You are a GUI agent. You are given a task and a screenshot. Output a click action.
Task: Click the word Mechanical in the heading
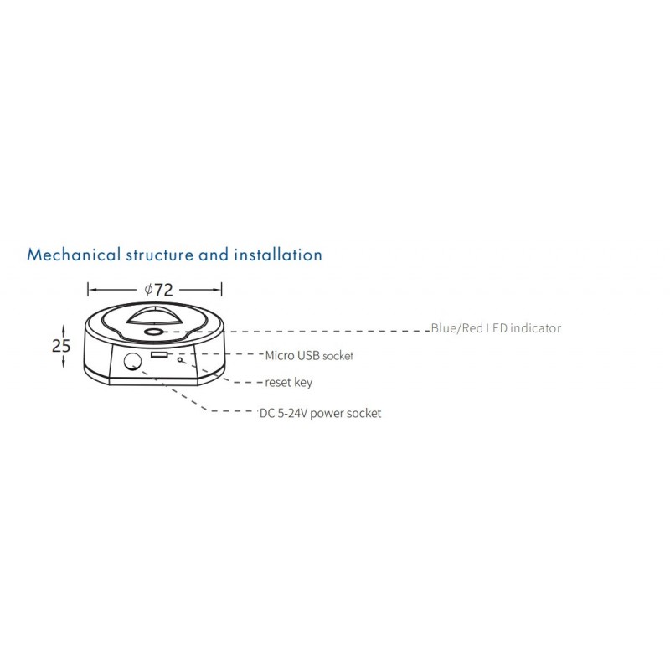click(74, 255)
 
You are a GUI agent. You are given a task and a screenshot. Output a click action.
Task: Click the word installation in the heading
click(278, 255)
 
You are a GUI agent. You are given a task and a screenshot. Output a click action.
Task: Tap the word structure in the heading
click(160, 255)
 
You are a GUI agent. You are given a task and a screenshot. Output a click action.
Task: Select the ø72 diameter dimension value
click(158, 290)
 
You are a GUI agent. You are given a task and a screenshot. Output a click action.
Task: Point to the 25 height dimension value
click(60, 346)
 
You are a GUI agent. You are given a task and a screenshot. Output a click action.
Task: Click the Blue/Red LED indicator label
click(496, 328)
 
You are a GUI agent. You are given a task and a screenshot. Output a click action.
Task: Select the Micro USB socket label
click(309, 355)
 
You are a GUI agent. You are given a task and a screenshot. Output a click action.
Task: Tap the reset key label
click(288, 383)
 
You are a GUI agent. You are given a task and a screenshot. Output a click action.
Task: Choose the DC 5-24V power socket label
click(321, 413)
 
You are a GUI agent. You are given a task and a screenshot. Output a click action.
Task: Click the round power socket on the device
click(132, 362)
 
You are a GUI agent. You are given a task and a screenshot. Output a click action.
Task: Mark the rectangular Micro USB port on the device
click(158, 354)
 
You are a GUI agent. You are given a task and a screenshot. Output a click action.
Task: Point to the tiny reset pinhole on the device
click(180, 359)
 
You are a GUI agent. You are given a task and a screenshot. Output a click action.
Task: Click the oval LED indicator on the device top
click(153, 332)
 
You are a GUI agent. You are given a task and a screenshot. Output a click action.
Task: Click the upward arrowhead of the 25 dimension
click(64, 329)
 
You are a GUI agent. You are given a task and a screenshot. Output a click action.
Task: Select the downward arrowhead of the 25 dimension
click(64, 363)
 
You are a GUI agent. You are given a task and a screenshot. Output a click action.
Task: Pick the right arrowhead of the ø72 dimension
click(217, 290)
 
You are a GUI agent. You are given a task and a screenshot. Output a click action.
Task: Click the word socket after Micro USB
click(338, 356)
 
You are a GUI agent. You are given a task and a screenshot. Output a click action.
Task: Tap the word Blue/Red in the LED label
click(456, 328)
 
